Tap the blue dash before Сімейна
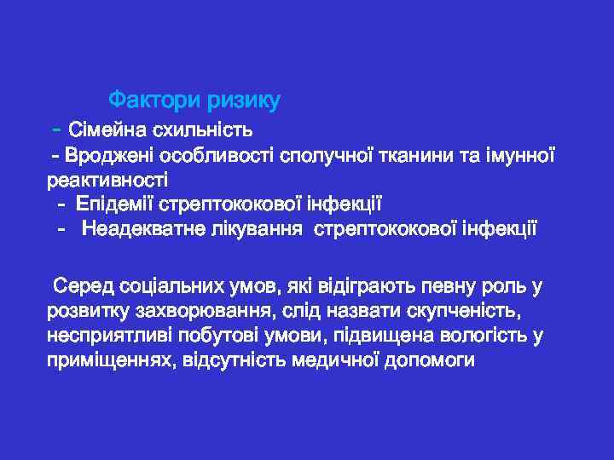tap(55, 130)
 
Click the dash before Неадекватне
tap(61, 230)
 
